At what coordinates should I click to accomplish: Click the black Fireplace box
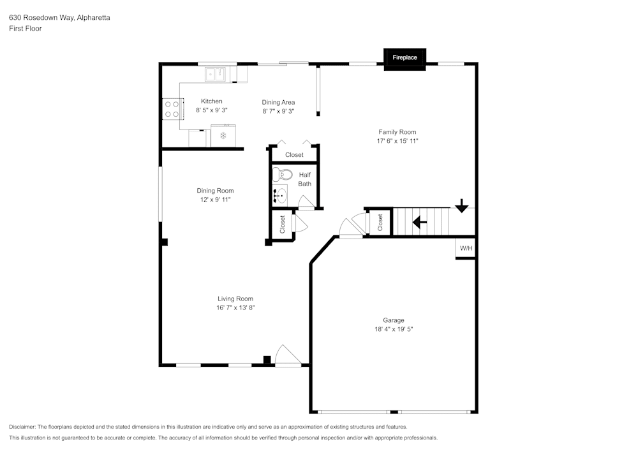coord(404,57)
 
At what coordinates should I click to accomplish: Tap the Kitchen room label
coord(212,101)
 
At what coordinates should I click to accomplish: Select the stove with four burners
coord(171,108)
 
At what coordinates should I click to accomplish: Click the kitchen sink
coord(216,75)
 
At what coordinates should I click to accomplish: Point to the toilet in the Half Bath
coord(284,174)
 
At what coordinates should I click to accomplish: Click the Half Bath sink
coord(281,195)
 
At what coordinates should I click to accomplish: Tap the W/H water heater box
coord(466,249)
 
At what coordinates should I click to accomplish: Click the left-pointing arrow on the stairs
coord(419,223)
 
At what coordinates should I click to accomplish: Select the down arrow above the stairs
coord(461,206)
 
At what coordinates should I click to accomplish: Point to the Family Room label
coord(397,132)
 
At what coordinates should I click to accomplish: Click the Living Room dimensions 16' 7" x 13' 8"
coord(235,307)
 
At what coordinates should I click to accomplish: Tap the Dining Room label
coord(215,191)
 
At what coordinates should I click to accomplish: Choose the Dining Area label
coord(278,102)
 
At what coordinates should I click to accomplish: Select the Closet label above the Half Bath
coord(294,155)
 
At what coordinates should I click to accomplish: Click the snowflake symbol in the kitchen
coord(223,136)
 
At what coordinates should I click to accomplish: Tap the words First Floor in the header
coord(26,29)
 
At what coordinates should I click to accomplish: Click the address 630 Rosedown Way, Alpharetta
coord(59,18)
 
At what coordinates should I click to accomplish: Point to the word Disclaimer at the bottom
coord(22,427)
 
